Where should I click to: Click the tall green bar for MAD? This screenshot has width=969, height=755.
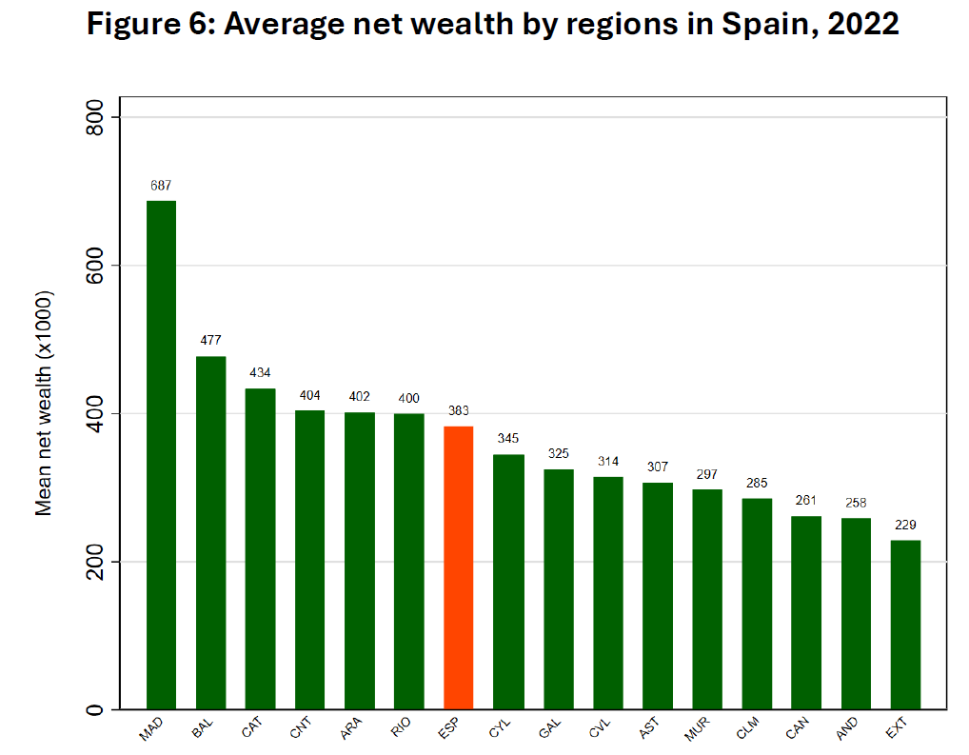pos(161,455)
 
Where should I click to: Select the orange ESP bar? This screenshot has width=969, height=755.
pos(459,567)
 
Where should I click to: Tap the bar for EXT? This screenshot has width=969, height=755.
pos(905,625)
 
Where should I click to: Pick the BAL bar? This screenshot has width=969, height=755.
pos(210,533)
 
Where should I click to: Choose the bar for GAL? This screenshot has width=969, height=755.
pos(558,589)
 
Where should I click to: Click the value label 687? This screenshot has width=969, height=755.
pos(161,186)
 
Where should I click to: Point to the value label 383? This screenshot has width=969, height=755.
pos(459,411)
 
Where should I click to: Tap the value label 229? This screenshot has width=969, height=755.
pos(905,526)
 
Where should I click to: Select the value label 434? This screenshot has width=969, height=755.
pos(260,373)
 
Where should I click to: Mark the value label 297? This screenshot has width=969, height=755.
pos(706,474)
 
